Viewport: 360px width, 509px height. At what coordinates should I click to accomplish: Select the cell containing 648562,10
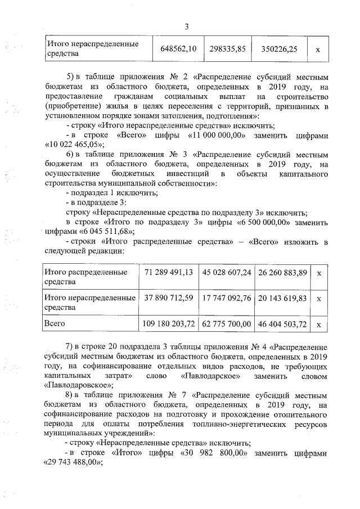178,49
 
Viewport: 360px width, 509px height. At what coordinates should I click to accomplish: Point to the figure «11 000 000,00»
213,136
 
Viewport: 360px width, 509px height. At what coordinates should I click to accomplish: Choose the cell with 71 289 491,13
169,272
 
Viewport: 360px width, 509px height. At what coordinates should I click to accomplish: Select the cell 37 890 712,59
169,298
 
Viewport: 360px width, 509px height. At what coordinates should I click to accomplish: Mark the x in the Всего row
319,325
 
